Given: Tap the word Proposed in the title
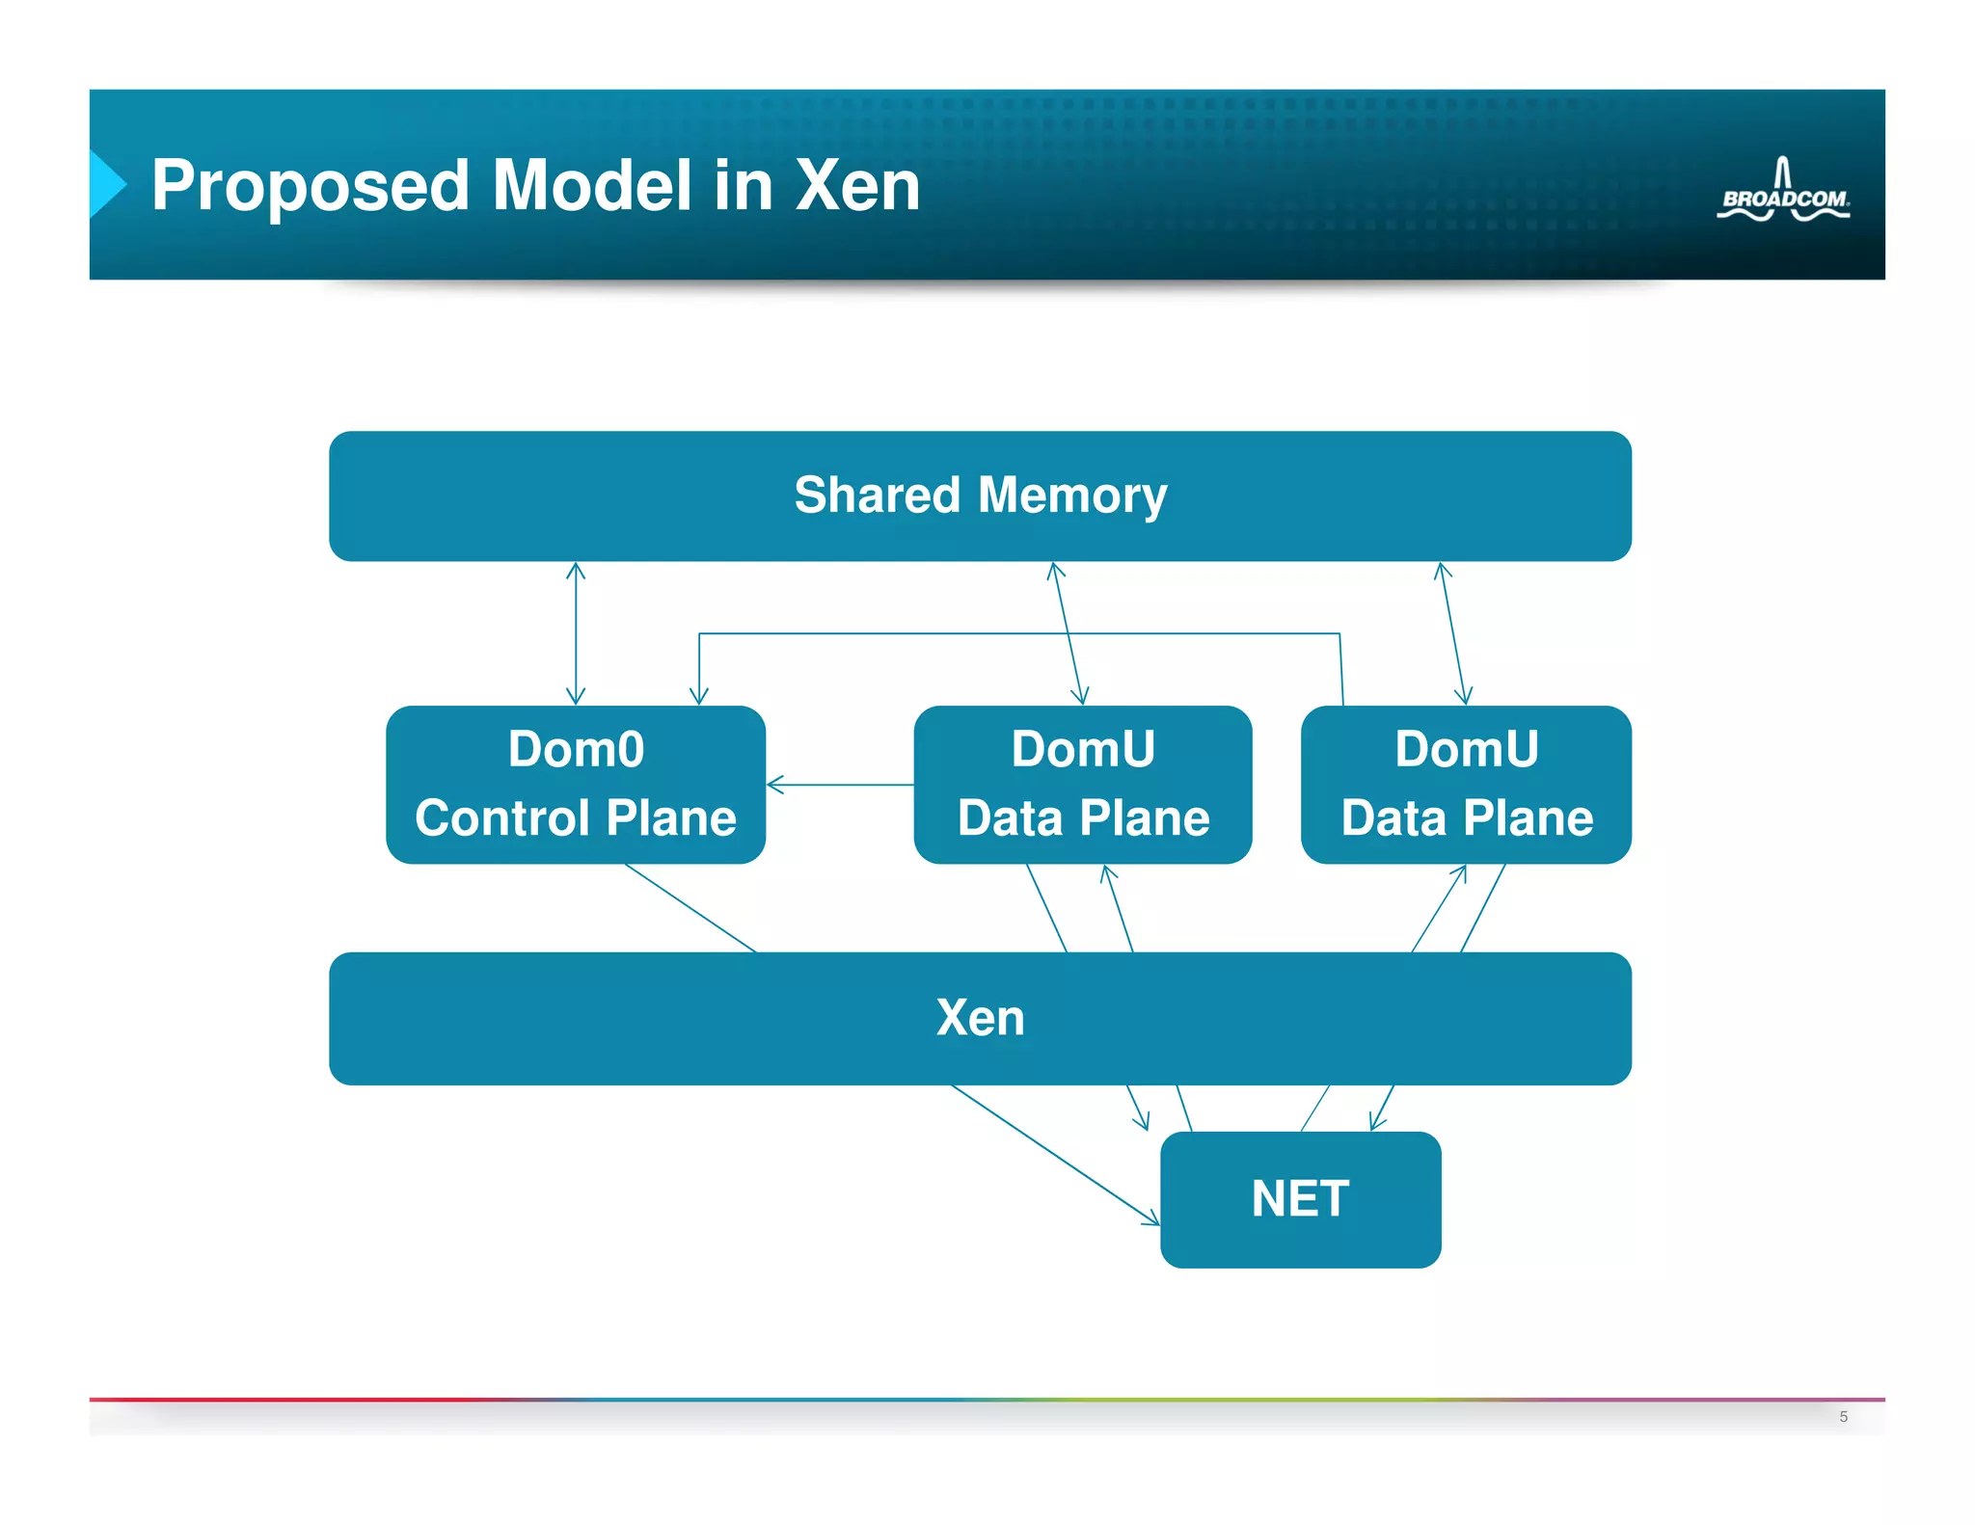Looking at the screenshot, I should [x=310, y=185].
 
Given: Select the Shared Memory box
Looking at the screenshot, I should [x=980, y=495].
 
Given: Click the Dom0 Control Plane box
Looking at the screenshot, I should [x=576, y=784].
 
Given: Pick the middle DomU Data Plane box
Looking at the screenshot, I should [x=1082, y=784].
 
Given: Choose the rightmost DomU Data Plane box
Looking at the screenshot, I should [x=1466, y=784].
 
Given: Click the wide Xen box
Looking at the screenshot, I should [x=980, y=1018].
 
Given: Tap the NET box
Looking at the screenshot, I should [x=1300, y=1199].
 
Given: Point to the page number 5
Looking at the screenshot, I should [x=1843, y=1416].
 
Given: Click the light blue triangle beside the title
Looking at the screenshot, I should [x=106, y=183].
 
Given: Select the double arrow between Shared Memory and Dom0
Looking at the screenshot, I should [x=576, y=633].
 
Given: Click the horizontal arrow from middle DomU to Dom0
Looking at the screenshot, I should [x=839, y=785].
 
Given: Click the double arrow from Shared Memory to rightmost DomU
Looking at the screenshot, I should [x=1453, y=633].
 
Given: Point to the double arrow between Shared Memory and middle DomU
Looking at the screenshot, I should [x=1069, y=633].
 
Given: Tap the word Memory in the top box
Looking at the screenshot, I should [x=1071, y=495].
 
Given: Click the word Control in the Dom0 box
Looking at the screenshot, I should [x=501, y=817].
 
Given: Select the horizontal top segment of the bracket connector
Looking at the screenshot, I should [x=1018, y=633].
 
